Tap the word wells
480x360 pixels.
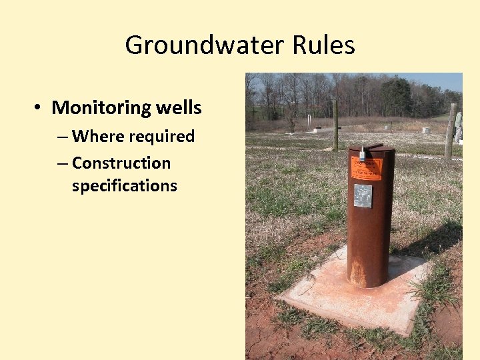(x=178, y=107)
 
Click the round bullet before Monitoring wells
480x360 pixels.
(x=39, y=108)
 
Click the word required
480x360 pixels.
(x=161, y=136)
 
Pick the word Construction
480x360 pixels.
(x=121, y=163)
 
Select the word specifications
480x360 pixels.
(x=125, y=185)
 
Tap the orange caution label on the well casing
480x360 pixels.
(x=366, y=169)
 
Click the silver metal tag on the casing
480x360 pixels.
(x=363, y=196)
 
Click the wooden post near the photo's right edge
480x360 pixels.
(x=451, y=131)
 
